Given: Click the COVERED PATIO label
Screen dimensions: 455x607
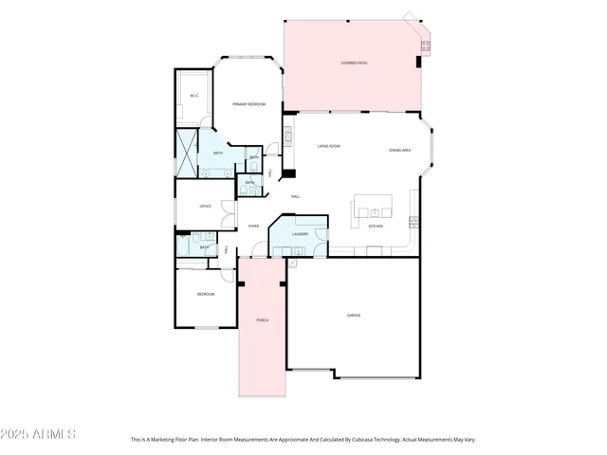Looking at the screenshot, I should (355, 64).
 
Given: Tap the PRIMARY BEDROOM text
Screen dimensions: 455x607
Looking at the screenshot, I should (248, 104).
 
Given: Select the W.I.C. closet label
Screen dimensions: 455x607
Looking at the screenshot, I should (193, 96).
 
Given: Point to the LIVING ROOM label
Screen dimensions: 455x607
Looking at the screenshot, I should (328, 146).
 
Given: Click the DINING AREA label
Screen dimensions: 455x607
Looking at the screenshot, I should (399, 150).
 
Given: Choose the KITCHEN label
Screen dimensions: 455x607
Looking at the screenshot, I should (376, 227).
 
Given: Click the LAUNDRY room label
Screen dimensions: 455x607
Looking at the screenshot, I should (300, 233).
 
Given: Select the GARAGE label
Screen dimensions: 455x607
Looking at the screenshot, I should (353, 315).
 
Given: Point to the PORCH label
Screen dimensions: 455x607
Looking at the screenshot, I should (262, 320).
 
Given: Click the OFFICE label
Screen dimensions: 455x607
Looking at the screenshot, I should (205, 206).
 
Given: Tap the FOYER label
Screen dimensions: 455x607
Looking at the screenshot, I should (253, 226).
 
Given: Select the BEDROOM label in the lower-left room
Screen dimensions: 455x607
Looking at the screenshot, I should (205, 295).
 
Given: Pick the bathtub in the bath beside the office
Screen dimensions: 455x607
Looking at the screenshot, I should (184, 246).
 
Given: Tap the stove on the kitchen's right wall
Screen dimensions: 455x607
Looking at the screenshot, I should (414, 222).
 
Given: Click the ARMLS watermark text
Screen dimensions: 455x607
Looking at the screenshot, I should (39, 434).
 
